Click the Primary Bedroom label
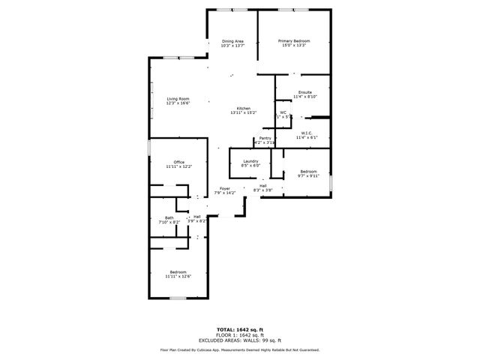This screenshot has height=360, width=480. (x=294, y=40)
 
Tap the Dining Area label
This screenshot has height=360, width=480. (x=232, y=40)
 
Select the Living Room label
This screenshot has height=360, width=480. (x=178, y=99)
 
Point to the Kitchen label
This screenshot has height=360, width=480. (x=244, y=109)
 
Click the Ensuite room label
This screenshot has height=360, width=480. (x=305, y=92)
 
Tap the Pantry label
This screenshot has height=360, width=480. (x=265, y=138)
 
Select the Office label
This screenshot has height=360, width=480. (x=179, y=162)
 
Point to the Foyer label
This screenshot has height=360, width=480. (x=225, y=188)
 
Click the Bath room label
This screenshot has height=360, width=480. (x=169, y=218)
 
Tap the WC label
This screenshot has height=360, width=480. (x=283, y=112)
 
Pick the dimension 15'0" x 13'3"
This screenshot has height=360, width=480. (x=294, y=45)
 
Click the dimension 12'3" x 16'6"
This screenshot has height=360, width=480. (x=178, y=103)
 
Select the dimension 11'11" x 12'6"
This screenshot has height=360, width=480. (x=178, y=276)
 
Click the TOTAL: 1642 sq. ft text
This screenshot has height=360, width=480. (x=240, y=329)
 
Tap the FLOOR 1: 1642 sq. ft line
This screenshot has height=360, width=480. (x=240, y=334)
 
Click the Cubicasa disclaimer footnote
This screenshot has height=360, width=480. (x=240, y=349)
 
